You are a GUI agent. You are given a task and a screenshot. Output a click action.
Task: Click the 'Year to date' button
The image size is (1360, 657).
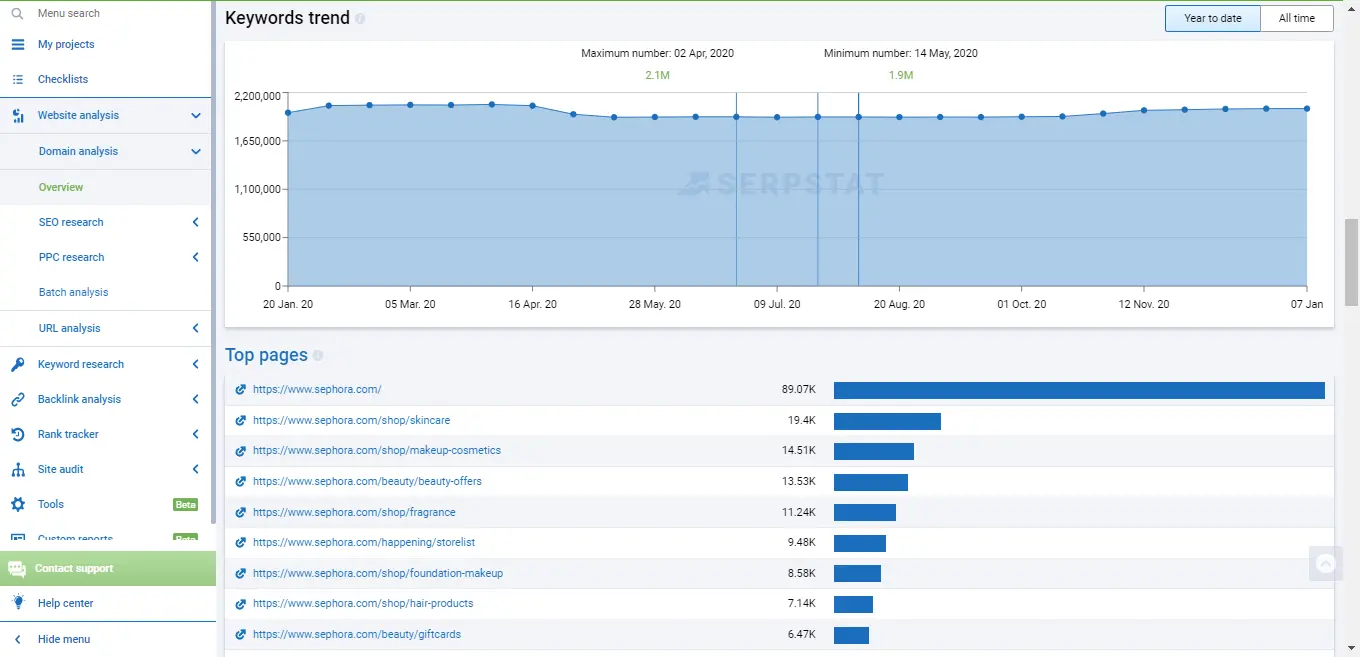pyautogui.click(x=1212, y=18)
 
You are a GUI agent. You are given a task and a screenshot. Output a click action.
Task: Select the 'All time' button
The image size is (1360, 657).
pyautogui.click(x=1296, y=18)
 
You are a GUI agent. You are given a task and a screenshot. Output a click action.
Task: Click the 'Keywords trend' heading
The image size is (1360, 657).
pyautogui.click(x=287, y=18)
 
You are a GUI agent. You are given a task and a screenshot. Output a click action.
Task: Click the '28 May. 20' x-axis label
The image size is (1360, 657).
pyautogui.click(x=654, y=304)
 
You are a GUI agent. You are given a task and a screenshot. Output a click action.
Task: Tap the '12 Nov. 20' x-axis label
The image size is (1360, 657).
pyautogui.click(x=1143, y=304)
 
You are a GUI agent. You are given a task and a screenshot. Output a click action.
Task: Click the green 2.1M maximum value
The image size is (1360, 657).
pyautogui.click(x=657, y=75)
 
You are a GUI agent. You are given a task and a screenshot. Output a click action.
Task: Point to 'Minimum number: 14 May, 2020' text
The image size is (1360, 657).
pyautogui.click(x=900, y=53)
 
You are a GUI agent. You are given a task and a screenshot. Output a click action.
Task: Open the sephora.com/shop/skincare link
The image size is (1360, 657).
pyautogui.click(x=351, y=420)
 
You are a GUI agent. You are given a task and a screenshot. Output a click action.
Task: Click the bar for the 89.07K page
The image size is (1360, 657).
pyautogui.click(x=1078, y=390)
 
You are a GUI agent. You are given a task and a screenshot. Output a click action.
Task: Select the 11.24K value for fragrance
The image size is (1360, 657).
pyautogui.click(x=800, y=512)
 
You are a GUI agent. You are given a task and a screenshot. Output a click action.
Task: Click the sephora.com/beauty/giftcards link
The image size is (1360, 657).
pyautogui.click(x=356, y=634)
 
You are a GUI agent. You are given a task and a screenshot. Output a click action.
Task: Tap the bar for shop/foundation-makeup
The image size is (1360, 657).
pyautogui.click(x=857, y=573)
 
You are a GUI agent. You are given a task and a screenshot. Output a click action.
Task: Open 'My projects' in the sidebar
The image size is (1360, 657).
pyautogui.click(x=66, y=44)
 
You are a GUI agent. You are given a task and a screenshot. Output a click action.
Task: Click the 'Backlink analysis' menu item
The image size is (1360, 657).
pyautogui.click(x=79, y=399)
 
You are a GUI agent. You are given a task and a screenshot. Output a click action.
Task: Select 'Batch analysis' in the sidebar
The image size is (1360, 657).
pyautogui.click(x=73, y=292)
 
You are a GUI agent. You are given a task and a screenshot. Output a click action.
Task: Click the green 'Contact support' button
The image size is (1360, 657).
pyautogui.click(x=74, y=568)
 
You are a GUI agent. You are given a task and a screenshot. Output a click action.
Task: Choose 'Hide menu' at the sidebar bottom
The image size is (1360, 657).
pyautogui.click(x=64, y=639)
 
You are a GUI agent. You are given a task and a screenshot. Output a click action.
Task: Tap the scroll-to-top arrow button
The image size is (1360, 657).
pyautogui.click(x=1325, y=564)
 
